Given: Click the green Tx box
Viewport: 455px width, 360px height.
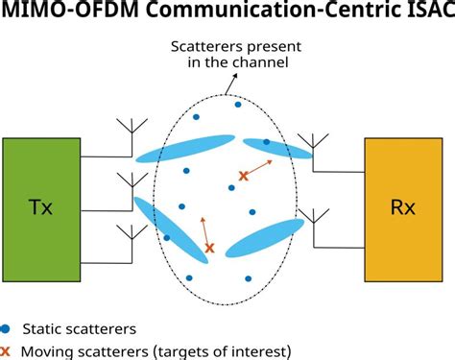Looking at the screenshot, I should point(41,208).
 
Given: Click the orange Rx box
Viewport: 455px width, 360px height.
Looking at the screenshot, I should point(404,208).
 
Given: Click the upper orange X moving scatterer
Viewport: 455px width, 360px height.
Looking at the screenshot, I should point(243,176).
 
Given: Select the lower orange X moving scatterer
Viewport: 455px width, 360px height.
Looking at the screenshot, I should point(209,248).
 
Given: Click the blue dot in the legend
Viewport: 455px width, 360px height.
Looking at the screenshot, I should point(7,329).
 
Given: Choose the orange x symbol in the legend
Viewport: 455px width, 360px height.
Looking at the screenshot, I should point(7,351).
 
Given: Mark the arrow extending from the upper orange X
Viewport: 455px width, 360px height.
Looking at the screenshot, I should point(259,167).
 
